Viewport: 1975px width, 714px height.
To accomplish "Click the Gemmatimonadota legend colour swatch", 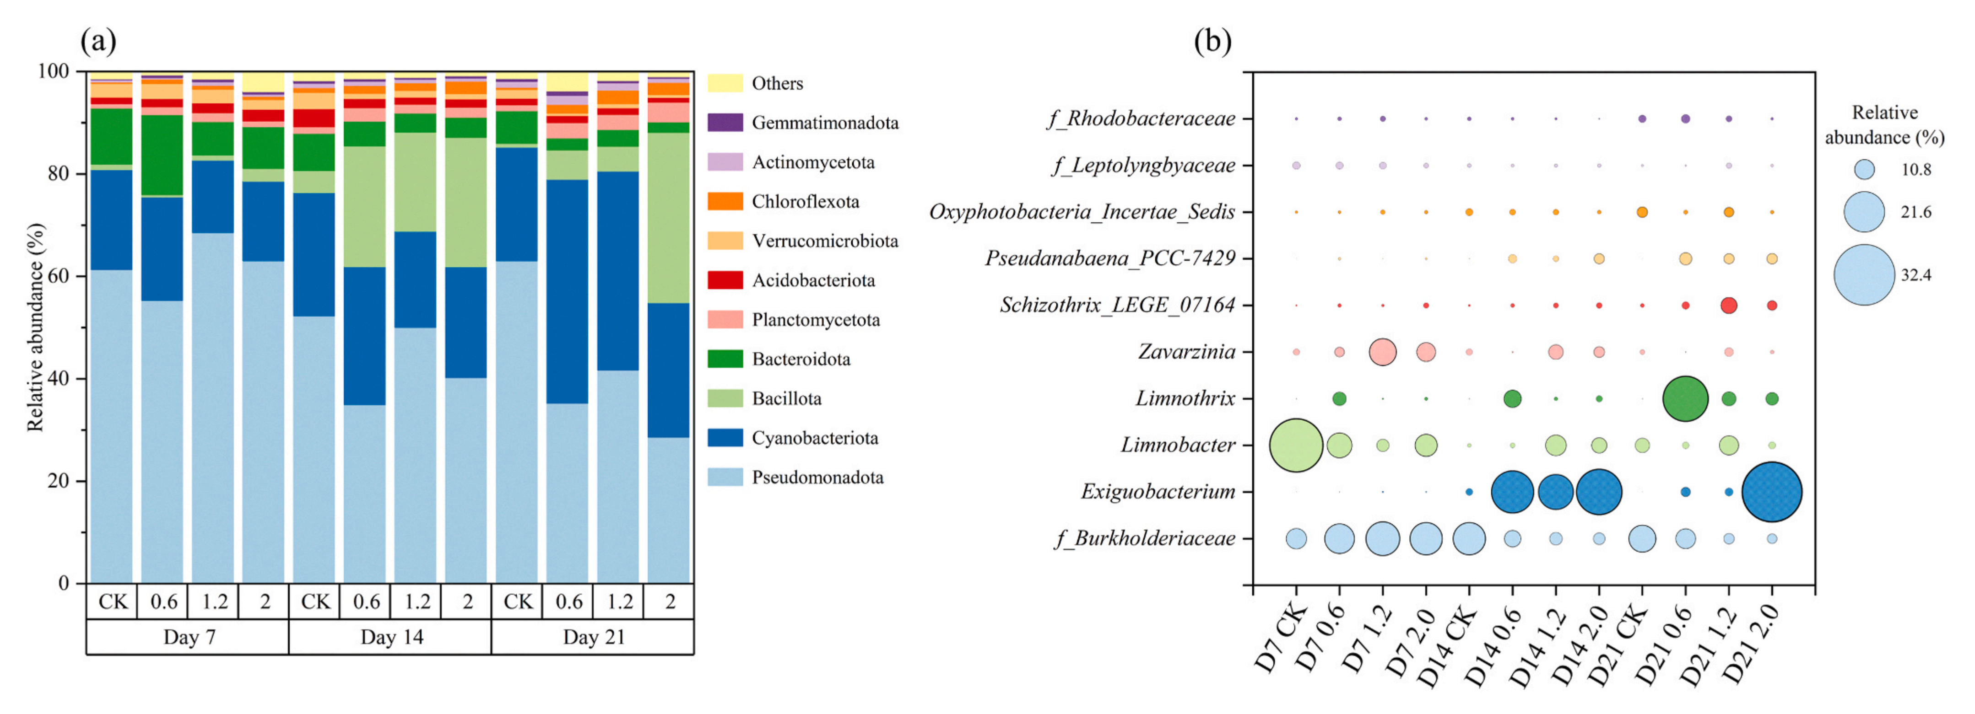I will [725, 123].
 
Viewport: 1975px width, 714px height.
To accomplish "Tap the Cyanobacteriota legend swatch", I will [725, 437].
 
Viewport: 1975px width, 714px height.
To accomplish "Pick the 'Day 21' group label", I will [594, 638].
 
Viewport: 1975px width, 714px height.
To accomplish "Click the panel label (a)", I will [98, 41].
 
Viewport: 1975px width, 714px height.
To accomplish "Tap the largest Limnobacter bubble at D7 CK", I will [1296, 445].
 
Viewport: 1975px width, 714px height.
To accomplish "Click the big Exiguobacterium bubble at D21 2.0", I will [1772, 492].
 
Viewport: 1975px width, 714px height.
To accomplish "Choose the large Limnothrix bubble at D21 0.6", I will [1685, 398].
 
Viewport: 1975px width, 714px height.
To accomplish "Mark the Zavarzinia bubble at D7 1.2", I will [1382, 352].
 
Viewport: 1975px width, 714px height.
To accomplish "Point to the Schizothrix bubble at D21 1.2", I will [1729, 305].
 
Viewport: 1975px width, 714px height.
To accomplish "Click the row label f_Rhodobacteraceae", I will [1141, 119].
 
